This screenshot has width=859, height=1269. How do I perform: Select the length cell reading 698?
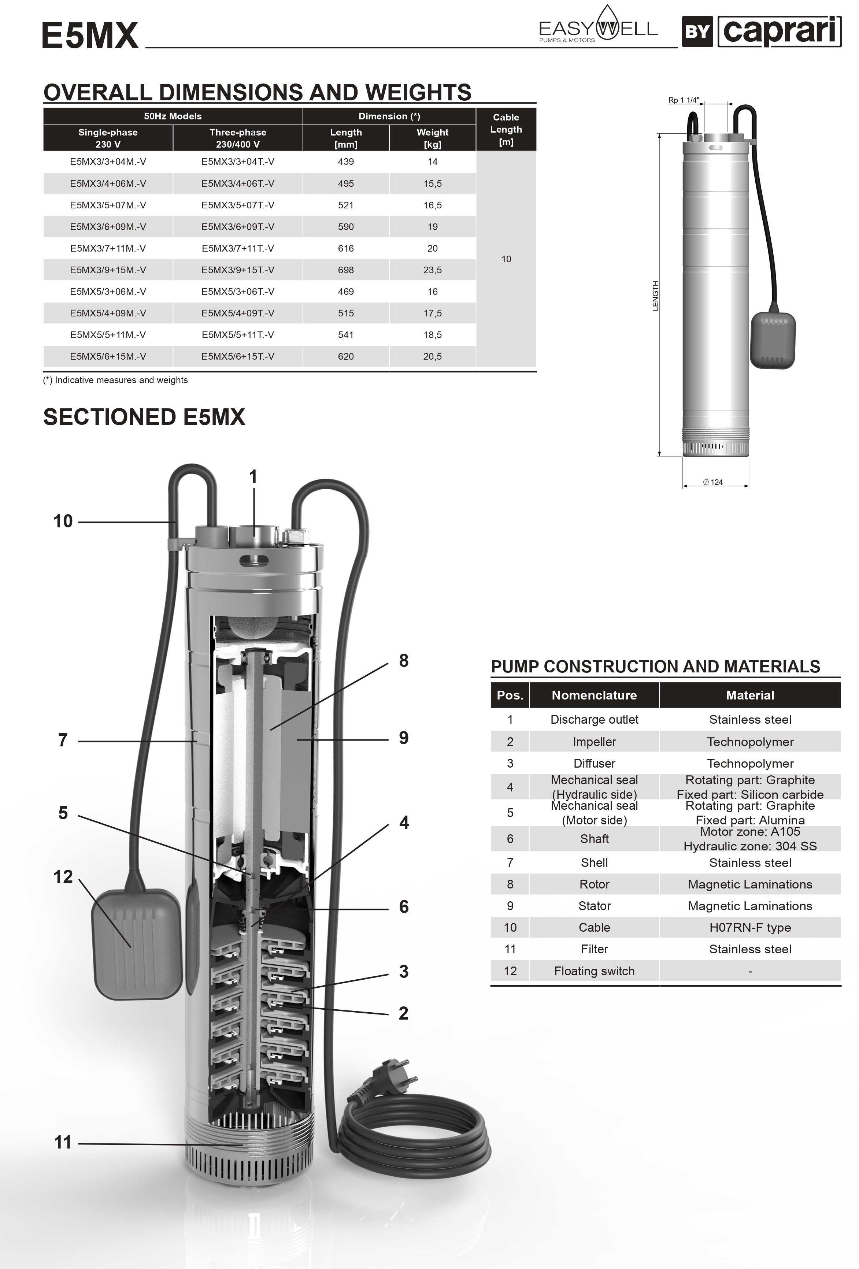point(346,270)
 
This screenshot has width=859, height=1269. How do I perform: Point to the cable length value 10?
point(506,259)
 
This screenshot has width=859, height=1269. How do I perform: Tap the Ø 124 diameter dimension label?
point(713,482)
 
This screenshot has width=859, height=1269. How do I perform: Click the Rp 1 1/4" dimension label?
point(683,100)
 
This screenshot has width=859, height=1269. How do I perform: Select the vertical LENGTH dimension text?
point(656,296)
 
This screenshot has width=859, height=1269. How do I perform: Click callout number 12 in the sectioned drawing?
point(63,877)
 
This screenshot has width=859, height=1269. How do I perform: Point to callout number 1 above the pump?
point(253,477)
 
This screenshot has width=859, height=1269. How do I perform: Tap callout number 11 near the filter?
point(63,1142)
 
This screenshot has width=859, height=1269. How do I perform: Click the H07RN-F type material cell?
point(750,927)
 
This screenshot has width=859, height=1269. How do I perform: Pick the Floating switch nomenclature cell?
point(594,971)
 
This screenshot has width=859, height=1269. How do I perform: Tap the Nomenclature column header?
point(594,695)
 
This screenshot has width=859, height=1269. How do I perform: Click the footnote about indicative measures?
point(116,380)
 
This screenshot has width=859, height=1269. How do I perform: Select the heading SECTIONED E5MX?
point(144,417)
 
